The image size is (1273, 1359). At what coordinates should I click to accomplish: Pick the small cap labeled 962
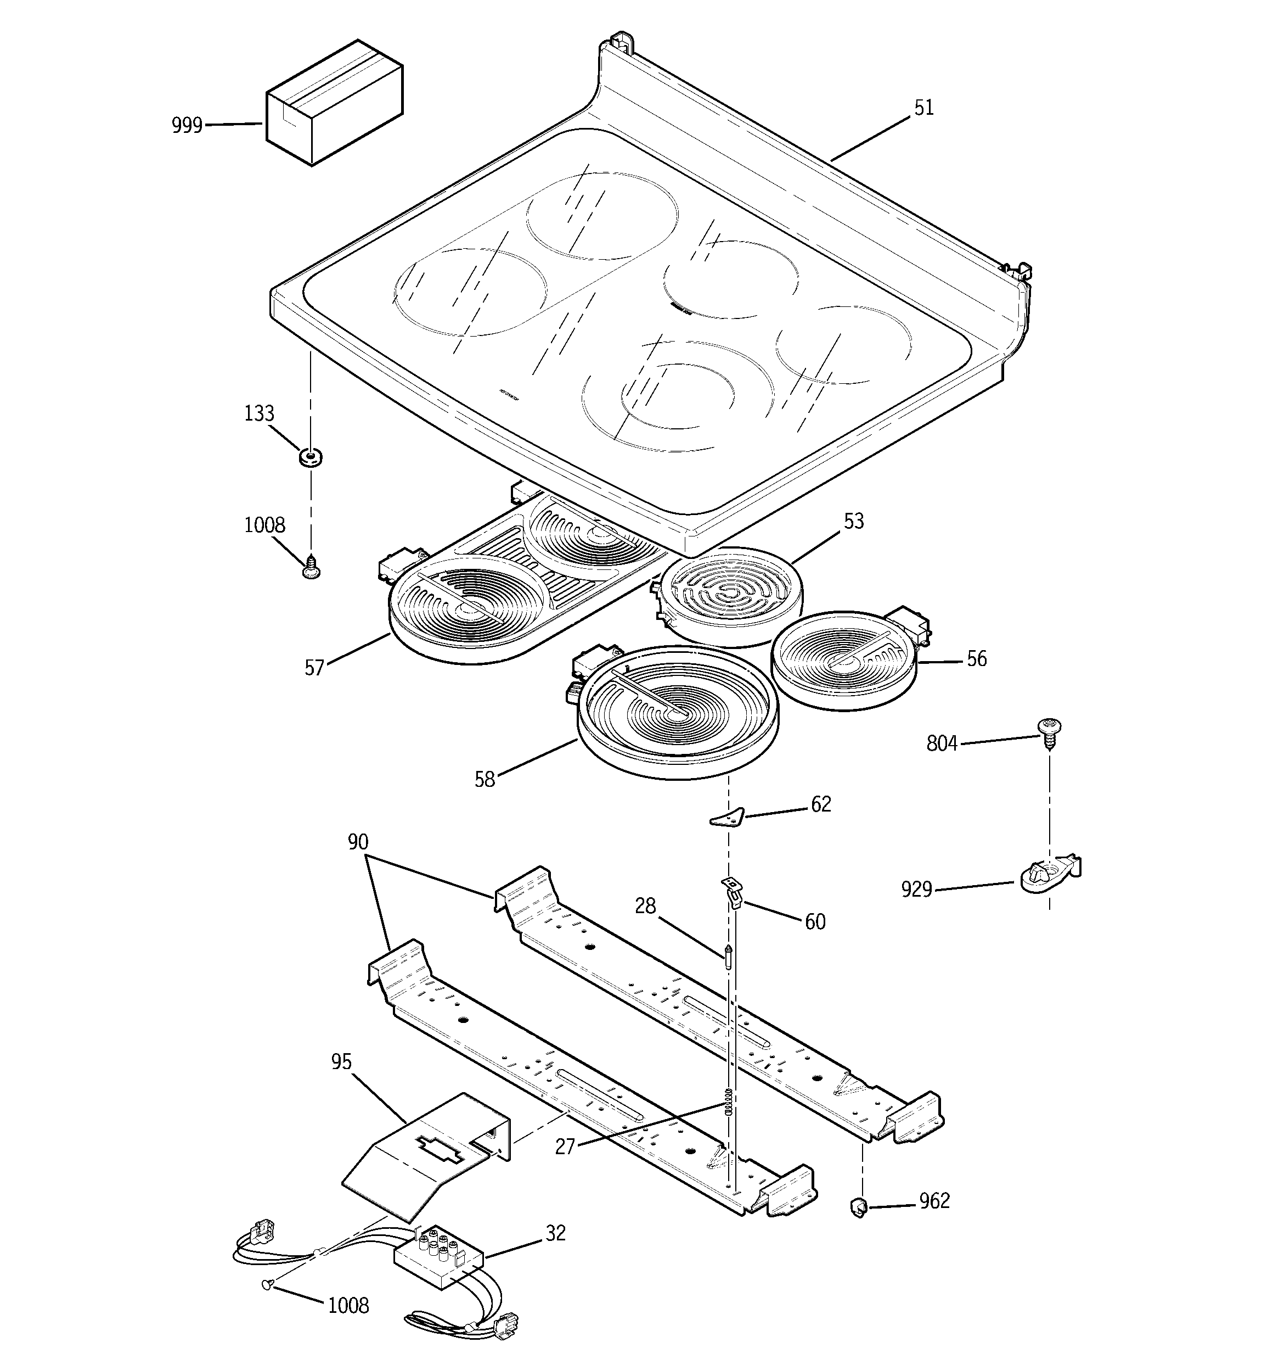[x=859, y=1207]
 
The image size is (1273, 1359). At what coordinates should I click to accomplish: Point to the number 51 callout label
[x=923, y=108]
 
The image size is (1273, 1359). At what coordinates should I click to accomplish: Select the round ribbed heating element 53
[x=728, y=594]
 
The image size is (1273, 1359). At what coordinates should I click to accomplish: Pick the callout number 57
[x=314, y=668]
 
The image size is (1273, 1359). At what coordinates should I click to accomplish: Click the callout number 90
[x=358, y=842]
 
